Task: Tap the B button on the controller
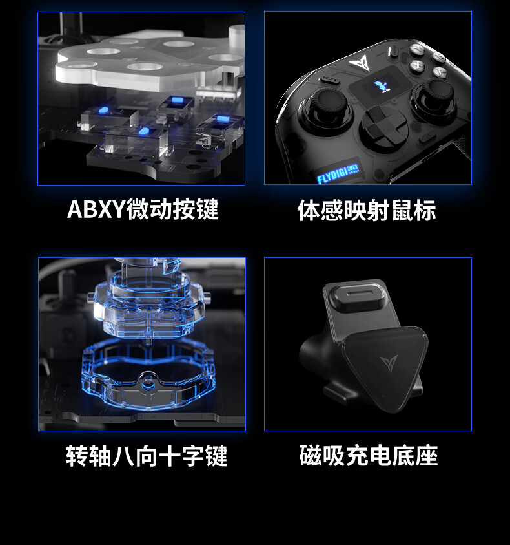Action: [x=438, y=56]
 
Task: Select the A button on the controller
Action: [x=440, y=72]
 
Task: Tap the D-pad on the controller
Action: [x=384, y=126]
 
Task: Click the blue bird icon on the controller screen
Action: [x=380, y=87]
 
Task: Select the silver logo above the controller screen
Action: [x=362, y=63]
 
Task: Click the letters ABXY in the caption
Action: [x=96, y=209]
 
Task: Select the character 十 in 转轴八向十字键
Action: [x=170, y=456]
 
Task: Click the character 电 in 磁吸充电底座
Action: [x=380, y=456]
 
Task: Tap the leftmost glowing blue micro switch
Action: [x=104, y=111]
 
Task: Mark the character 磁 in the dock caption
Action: [x=311, y=456]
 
